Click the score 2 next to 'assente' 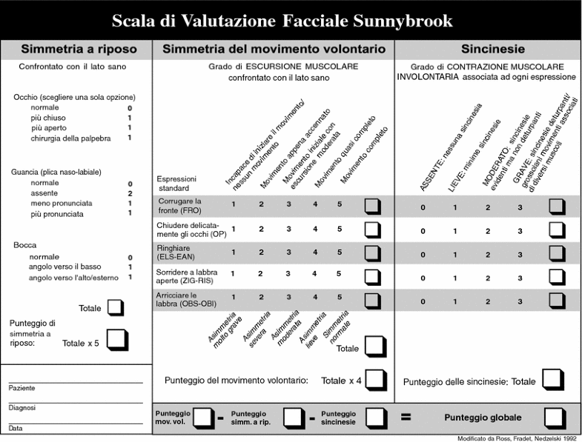coord(130,193)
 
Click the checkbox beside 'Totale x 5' coord(117,339)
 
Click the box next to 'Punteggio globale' coord(554,418)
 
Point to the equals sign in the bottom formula coord(406,418)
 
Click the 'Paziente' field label coord(22,388)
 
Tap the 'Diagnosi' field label coord(22,408)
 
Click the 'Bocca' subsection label coord(25,244)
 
